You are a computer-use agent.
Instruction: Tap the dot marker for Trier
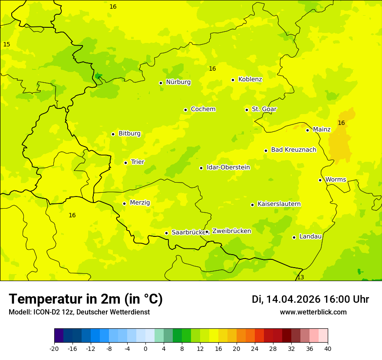click(126, 163)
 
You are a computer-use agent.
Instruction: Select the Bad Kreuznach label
click(293, 150)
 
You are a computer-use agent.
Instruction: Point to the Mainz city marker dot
click(307, 130)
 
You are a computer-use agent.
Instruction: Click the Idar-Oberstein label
click(228, 167)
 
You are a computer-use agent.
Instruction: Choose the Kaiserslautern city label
click(279, 204)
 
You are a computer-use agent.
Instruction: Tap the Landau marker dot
click(294, 237)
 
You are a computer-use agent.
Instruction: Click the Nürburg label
click(178, 82)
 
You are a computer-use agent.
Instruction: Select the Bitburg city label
click(129, 134)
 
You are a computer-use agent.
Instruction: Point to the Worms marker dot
click(320, 180)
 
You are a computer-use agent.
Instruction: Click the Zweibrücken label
click(231, 231)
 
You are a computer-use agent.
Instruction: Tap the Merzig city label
click(140, 203)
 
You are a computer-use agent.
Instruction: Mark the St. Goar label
click(264, 109)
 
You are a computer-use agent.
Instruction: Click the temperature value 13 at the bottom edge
click(300, 277)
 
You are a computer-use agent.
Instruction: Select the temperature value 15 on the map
click(7, 44)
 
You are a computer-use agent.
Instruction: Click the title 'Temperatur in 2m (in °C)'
click(86, 299)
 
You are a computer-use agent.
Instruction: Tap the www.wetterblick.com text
click(313, 312)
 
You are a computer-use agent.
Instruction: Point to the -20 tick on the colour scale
click(54, 348)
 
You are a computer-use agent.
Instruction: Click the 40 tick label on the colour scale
click(328, 348)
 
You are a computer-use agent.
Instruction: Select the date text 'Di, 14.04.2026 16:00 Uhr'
click(310, 299)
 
